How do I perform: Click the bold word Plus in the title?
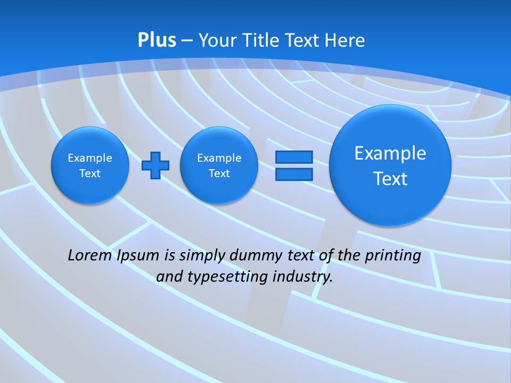pyautogui.click(x=156, y=40)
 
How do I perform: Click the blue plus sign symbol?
pyautogui.click(x=155, y=165)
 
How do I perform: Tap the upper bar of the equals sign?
pyautogui.click(x=294, y=157)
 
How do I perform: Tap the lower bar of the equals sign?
pyautogui.click(x=294, y=174)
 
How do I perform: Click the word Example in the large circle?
pyautogui.click(x=390, y=153)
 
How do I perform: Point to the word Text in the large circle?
pyautogui.click(x=390, y=179)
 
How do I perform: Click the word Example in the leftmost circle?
pyautogui.click(x=90, y=158)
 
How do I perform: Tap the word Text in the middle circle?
pyautogui.click(x=219, y=173)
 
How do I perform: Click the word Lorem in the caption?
pyautogui.click(x=89, y=255)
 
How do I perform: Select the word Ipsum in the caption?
pyautogui.click(x=138, y=256)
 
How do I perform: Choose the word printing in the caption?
pyautogui.click(x=394, y=256)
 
